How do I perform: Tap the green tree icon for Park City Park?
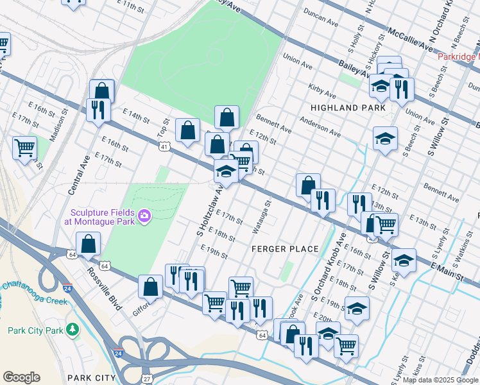[73, 330]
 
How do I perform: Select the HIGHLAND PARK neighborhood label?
[348, 108]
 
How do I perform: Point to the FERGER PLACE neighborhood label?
[285, 249]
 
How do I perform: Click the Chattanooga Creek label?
[35, 293]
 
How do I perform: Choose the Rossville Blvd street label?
[106, 295]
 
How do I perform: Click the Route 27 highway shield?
[146, 379]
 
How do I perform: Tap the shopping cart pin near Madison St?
[24, 148]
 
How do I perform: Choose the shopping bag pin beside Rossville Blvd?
[88, 244]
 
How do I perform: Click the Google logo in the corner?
[21, 377]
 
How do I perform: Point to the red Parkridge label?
[459, 56]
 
